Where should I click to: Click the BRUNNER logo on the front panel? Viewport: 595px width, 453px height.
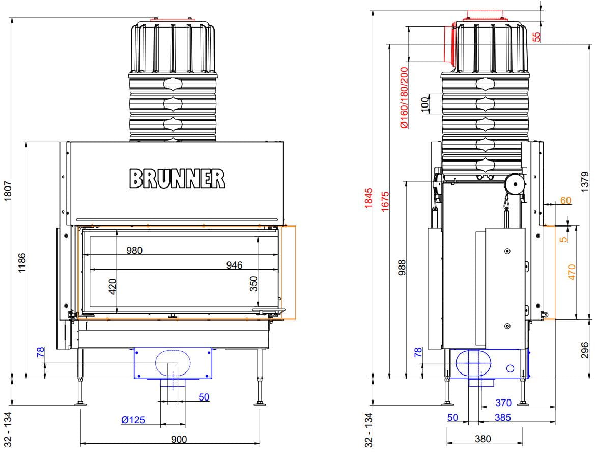177,179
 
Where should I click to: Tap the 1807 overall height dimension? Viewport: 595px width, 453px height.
8,191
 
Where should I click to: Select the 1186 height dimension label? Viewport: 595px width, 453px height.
22,262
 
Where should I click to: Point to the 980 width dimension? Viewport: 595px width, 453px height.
134,250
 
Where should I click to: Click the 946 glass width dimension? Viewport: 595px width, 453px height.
234,265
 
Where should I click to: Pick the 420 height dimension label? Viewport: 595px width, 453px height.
112,286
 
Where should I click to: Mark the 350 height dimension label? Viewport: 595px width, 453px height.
253,284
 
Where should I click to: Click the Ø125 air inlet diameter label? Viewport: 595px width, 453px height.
133,420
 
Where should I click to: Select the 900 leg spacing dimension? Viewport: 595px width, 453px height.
179,439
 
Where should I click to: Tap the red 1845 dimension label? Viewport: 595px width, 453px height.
369,198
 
